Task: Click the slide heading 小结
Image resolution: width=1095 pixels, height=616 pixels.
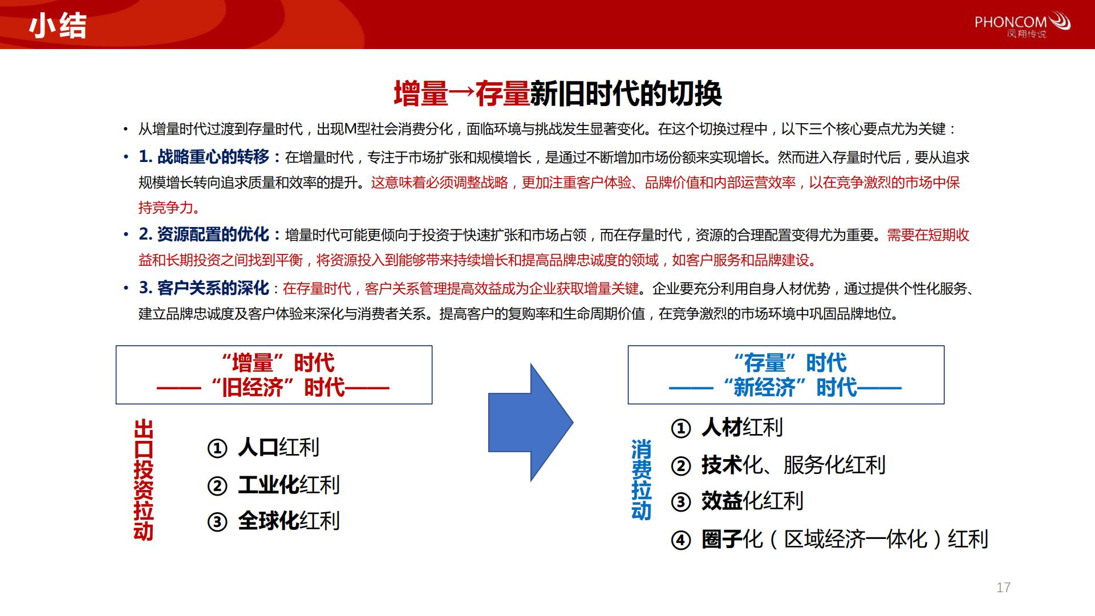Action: [58, 25]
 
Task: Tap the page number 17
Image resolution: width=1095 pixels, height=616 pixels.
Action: [1004, 587]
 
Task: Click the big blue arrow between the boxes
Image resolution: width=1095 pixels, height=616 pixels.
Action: [530, 423]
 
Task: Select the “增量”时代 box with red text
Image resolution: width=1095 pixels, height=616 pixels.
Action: [274, 375]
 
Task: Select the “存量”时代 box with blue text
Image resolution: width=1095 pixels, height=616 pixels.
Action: [786, 375]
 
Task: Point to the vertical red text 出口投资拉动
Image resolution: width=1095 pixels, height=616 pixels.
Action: [143, 480]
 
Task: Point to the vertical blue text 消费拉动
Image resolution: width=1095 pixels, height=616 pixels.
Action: [641, 480]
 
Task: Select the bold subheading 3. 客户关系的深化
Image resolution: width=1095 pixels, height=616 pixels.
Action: [204, 288]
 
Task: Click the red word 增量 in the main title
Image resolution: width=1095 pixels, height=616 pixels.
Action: [421, 94]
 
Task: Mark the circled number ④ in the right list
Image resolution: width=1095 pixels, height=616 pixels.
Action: [680, 540]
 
